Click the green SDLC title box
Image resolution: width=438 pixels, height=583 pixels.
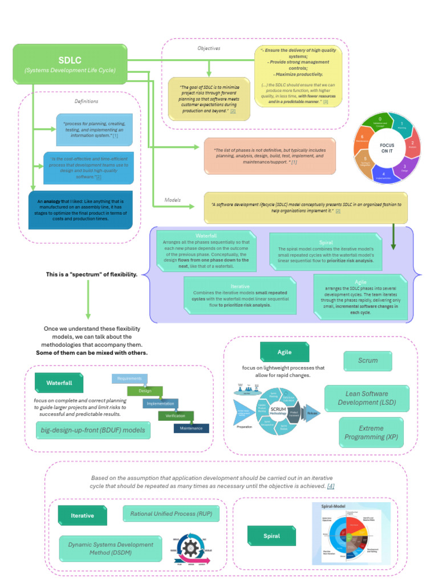coord(70,64)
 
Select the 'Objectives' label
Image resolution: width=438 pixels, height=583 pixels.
coord(209,48)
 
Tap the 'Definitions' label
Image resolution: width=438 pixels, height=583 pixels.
coord(87,101)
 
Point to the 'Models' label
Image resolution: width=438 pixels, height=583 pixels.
coord(172,200)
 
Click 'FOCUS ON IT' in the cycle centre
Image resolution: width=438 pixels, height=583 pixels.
coord(387,148)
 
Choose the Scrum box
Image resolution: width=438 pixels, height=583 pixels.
coord(367,360)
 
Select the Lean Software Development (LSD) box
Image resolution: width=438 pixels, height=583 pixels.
coord(367,398)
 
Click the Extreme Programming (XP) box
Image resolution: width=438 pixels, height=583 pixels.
coord(371,433)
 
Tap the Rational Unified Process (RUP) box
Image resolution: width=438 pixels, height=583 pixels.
coord(171,514)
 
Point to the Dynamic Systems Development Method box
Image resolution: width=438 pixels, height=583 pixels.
coord(110,549)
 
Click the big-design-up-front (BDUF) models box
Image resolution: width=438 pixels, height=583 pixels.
coord(93,430)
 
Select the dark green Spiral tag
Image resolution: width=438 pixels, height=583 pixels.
coord(271,536)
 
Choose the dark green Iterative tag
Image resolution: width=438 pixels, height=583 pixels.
coord(82,515)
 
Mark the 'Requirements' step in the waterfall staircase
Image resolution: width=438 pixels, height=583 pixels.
coord(129,379)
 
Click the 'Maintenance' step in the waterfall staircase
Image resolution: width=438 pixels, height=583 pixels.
coord(191,428)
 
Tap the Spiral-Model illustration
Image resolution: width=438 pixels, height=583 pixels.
coord(351,533)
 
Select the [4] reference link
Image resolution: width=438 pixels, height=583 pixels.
coord(331,486)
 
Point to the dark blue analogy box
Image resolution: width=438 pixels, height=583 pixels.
coord(80,210)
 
